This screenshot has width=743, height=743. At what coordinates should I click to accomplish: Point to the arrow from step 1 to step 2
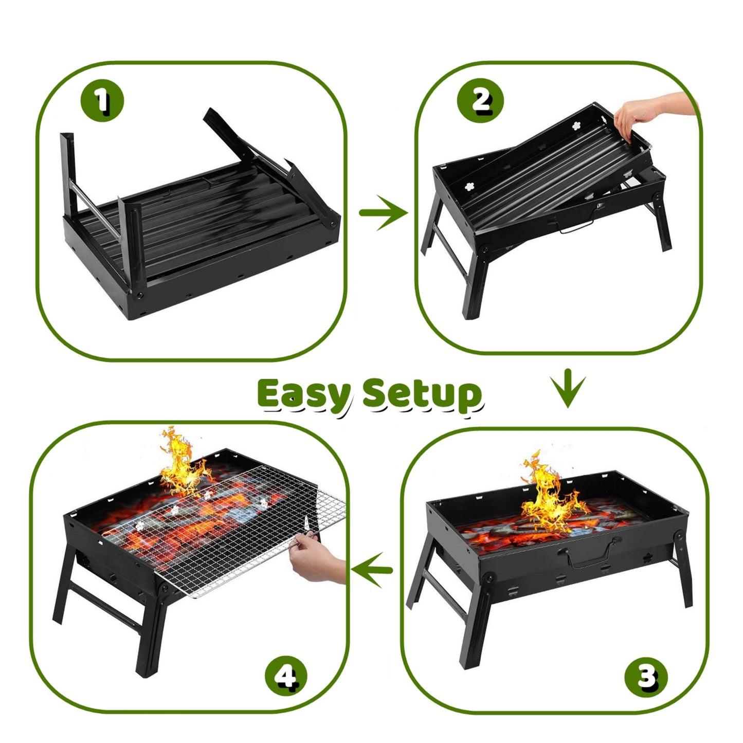[x=382, y=212]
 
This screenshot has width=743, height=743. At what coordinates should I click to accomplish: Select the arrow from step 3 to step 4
[x=372, y=570]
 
